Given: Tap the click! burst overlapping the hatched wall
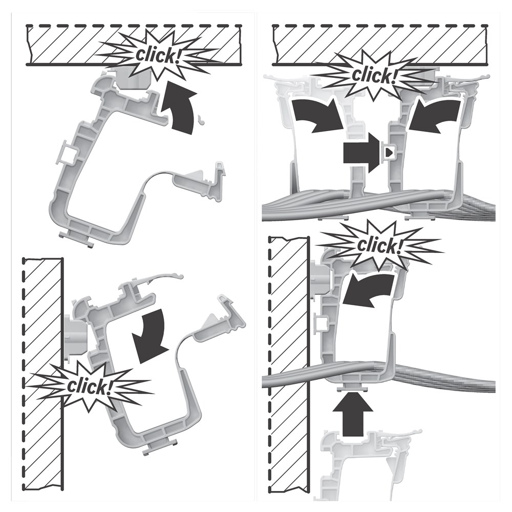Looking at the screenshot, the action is pos(90,386).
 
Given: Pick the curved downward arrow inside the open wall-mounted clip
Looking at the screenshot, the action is pos(150,336).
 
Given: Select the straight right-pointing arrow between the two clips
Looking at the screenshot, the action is pos(362,152).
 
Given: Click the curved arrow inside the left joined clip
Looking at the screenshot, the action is pos(317,116).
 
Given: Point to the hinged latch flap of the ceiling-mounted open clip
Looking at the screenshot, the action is pos(199,183).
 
